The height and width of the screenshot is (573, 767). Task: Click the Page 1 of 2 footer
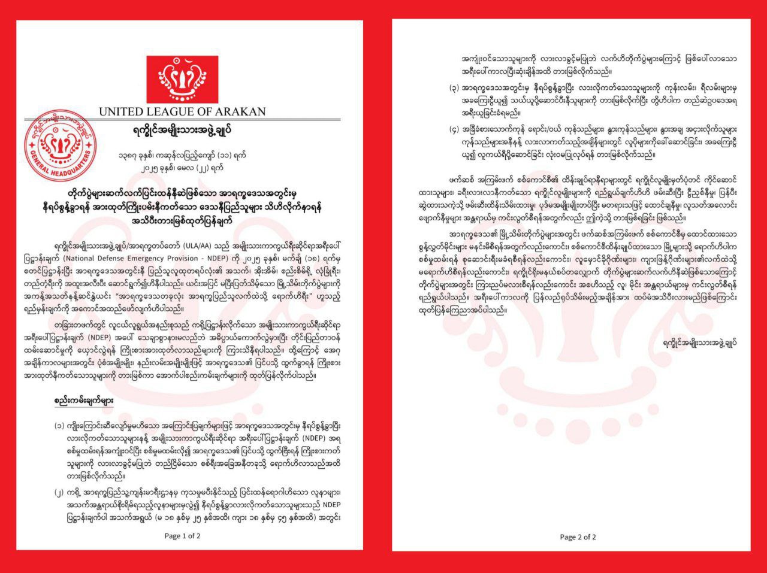coord(182,536)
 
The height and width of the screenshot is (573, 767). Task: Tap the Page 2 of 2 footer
coord(578,537)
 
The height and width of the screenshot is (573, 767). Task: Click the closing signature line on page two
coord(699,342)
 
